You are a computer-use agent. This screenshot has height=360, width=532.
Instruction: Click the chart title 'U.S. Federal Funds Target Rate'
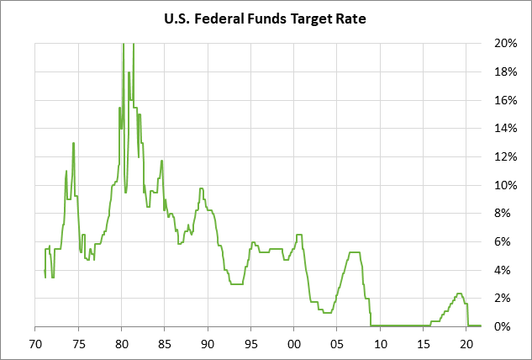(266, 17)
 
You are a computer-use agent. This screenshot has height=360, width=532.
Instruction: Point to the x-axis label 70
(34, 343)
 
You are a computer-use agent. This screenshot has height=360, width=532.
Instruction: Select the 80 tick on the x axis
(121, 343)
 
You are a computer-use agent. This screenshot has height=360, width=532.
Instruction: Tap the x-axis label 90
(208, 343)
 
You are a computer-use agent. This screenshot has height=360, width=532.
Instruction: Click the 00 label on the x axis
(294, 343)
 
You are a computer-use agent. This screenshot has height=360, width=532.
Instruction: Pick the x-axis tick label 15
(424, 343)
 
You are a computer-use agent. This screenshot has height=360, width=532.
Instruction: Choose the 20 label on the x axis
(467, 343)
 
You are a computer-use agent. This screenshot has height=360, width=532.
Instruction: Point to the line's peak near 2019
(459, 294)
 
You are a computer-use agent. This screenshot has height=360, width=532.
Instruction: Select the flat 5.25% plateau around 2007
(354, 252)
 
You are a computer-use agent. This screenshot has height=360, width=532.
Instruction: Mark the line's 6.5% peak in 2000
(299, 235)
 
